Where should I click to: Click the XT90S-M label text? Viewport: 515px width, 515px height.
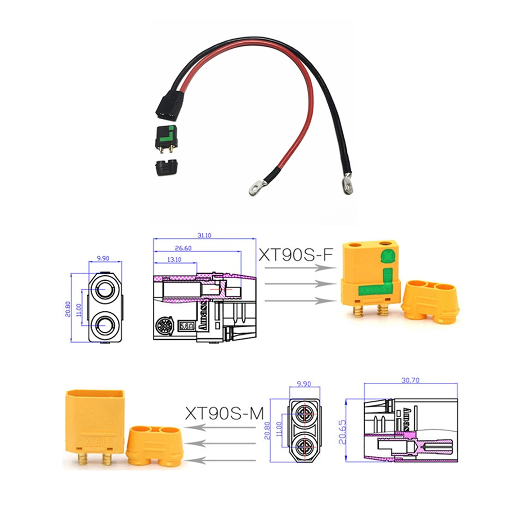pyautogui.click(x=224, y=413)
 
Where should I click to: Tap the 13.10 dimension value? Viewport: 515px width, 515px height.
pyautogui.click(x=174, y=259)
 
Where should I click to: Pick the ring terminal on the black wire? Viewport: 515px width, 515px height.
pyautogui.click(x=348, y=183)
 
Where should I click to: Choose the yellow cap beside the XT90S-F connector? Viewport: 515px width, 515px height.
pyautogui.click(x=431, y=301)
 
